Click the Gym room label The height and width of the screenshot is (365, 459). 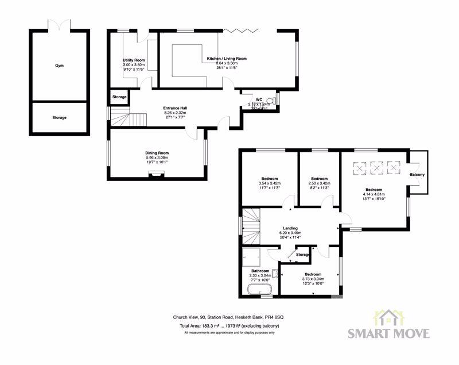tap(59, 66)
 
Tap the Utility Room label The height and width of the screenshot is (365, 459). tap(134, 60)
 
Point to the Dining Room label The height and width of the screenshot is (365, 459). tap(157, 152)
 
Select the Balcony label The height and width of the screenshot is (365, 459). tap(417, 175)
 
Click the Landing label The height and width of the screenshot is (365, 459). tap(290, 228)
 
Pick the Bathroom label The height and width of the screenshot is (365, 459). tap(260, 270)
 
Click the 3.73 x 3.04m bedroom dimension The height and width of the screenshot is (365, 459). tap(313, 278)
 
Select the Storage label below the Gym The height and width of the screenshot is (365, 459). tap(59, 117)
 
